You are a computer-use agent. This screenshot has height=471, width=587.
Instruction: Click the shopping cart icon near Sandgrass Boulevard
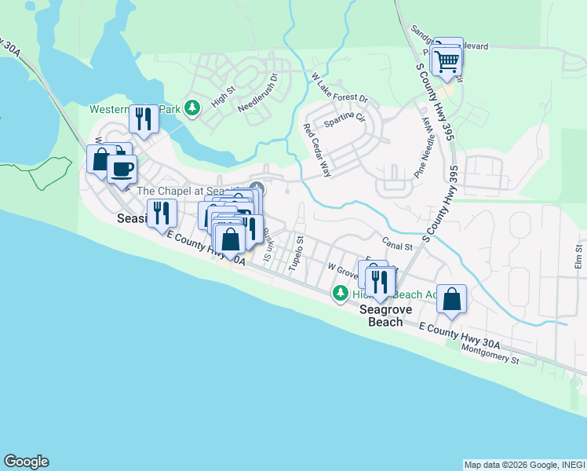pos(447,60)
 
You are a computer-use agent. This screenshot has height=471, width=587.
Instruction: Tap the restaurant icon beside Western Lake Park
pos(143,119)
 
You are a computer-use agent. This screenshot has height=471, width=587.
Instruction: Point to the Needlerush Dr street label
pos(259,93)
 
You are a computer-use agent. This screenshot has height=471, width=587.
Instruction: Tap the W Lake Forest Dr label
pos(339,89)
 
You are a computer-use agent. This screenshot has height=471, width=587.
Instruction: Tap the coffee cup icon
pos(122,168)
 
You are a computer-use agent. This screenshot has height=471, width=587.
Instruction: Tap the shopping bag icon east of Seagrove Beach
pos(452,298)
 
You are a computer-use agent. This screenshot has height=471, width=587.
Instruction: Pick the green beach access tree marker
pos(340,294)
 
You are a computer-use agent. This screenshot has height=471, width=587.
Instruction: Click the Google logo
pos(26,462)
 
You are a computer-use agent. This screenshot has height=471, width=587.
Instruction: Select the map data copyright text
pos(523,465)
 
